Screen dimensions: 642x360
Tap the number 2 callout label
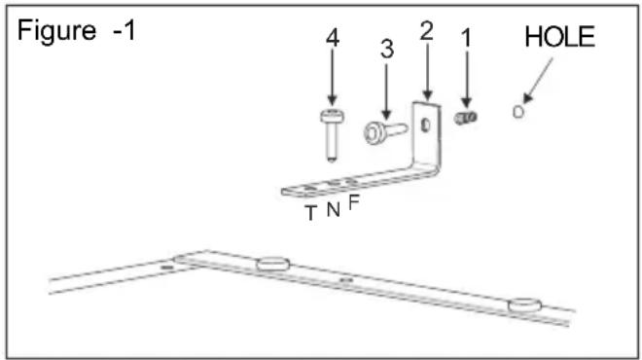424,30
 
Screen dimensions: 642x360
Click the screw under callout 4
331,131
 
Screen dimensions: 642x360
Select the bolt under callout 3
380,131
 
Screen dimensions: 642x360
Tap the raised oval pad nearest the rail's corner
271,264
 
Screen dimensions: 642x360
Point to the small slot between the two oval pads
345,280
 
